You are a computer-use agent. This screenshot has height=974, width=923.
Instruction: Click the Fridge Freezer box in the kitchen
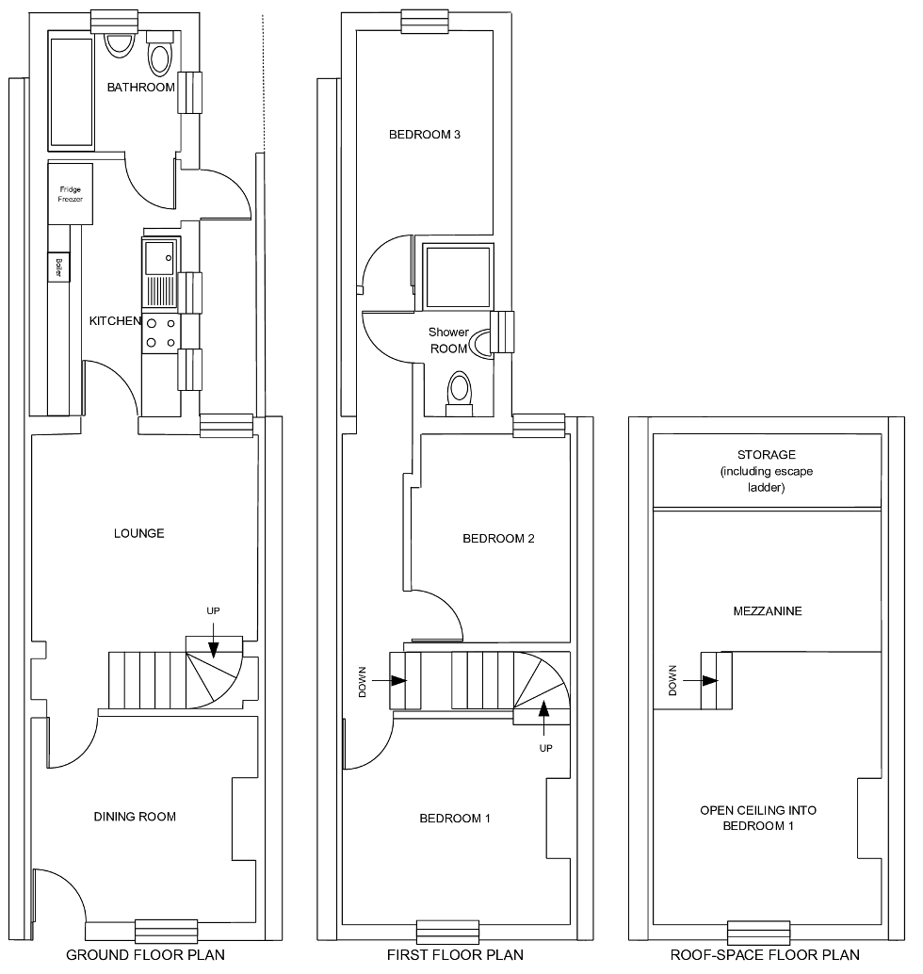(x=71, y=195)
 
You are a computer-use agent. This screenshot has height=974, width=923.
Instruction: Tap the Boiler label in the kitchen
(x=59, y=268)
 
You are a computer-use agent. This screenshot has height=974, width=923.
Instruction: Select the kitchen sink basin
(x=157, y=252)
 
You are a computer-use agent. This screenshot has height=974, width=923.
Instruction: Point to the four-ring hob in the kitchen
(x=159, y=333)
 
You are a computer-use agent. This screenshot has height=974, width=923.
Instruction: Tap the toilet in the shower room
(x=459, y=389)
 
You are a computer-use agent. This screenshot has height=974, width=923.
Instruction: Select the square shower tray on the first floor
(x=458, y=274)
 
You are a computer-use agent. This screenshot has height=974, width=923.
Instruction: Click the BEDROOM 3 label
(x=424, y=135)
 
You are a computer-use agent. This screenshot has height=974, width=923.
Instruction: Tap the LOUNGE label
(x=139, y=533)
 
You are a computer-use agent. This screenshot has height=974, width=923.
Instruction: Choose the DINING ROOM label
(x=135, y=817)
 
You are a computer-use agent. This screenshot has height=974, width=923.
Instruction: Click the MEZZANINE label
(x=767, y=611)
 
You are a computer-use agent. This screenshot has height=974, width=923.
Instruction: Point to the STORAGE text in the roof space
(x=767, y=455)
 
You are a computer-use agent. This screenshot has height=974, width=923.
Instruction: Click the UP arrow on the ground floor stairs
(x=213, y=643)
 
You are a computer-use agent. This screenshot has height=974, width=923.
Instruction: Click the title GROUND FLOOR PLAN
(x=145, y=955)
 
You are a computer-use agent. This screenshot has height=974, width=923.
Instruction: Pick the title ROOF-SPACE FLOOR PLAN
(x=766, y=955)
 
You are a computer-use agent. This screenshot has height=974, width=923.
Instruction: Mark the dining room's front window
(x=166, y=931)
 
